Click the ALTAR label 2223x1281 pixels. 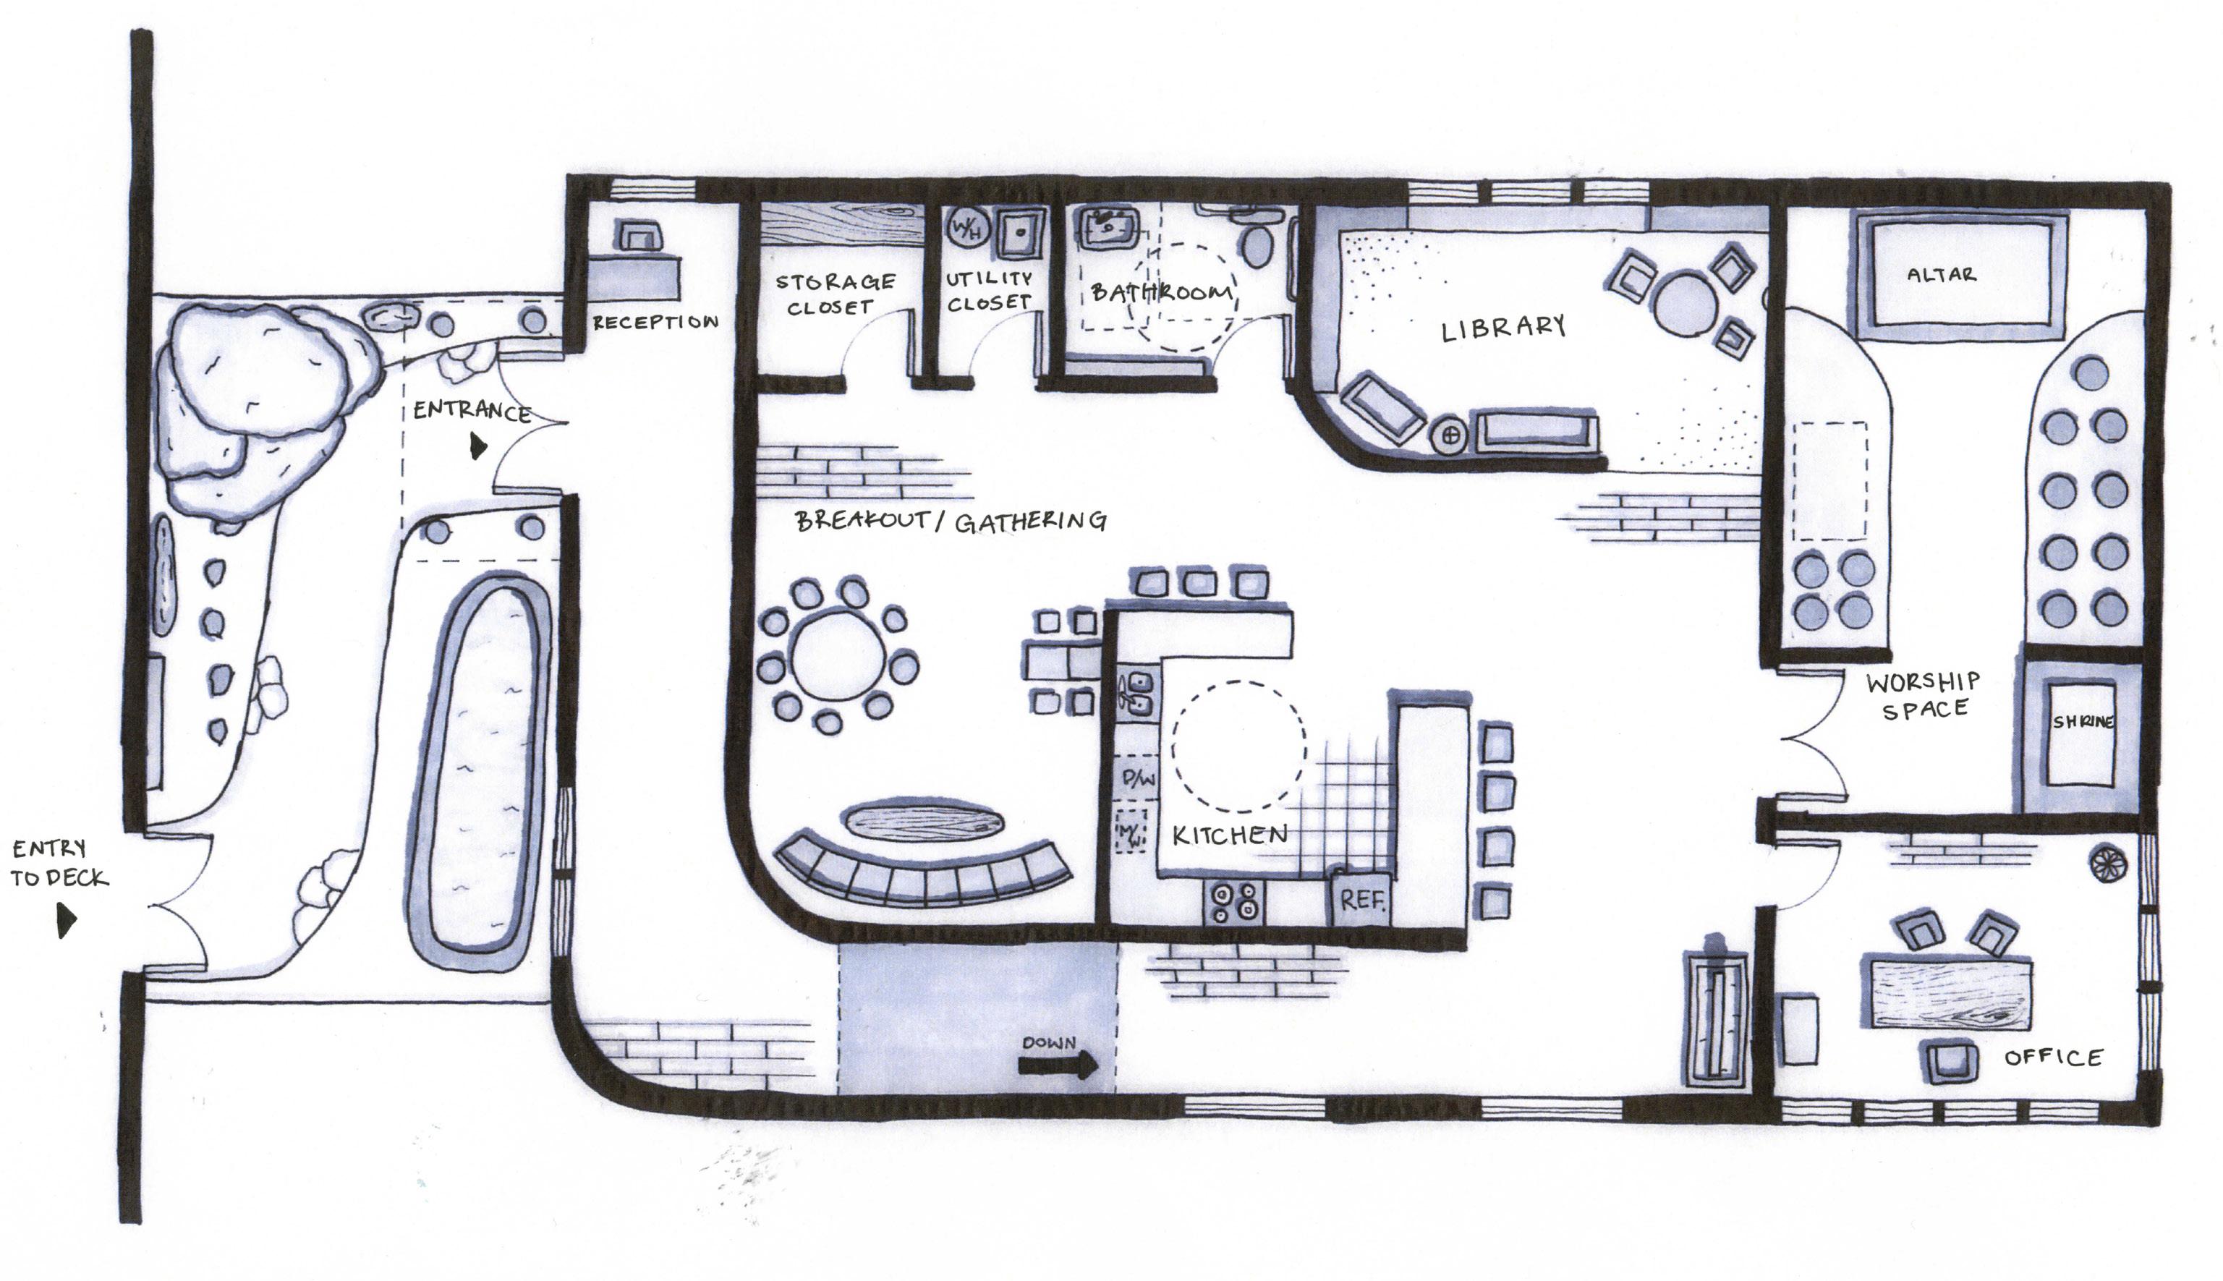[x=1941, y=275]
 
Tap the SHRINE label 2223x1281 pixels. [x=2082, y=721]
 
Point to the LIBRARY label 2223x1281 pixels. [x=1503, y=329]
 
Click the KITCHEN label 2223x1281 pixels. [x=1230, y=835]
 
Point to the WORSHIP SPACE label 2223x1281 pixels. [x=1923, y=695]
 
